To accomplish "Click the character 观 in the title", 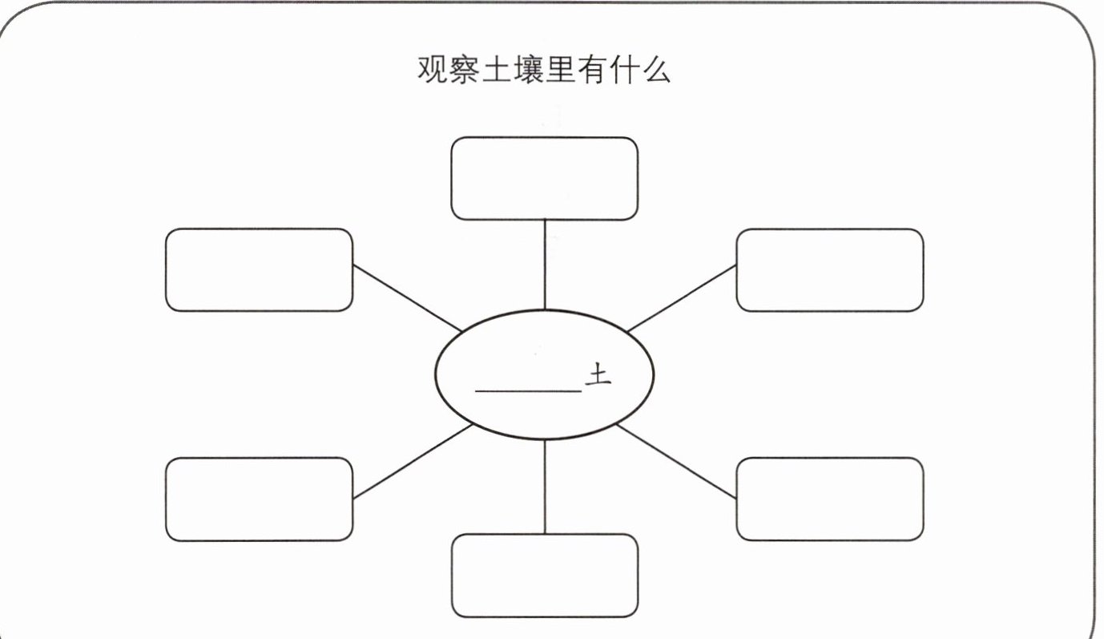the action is point(433,71).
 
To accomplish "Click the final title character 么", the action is point(656,71).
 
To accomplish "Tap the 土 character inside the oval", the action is point(598,375).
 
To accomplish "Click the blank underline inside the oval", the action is point(528,390).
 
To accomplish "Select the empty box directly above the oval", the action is point(544,179).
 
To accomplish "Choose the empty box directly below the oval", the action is point(544,576).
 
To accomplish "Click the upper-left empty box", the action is point(259,269).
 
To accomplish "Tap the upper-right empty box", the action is point(829,269).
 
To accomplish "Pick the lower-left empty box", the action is point(259,499).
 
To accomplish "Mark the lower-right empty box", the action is point(829,499).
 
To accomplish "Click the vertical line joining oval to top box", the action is point(545,265).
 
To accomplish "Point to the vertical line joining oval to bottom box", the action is point(545,487).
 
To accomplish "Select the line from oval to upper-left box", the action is point(407,298).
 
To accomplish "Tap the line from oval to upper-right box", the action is point(682,298).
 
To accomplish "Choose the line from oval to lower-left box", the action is point(412,463).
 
